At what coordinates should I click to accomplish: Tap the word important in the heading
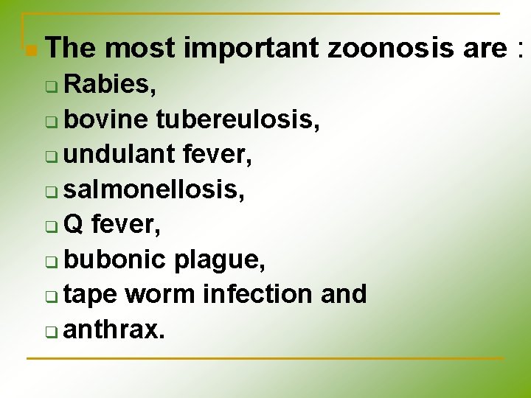251,49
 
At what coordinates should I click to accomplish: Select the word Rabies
109,86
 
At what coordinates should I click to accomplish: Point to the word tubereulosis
237,121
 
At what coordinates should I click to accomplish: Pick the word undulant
117,156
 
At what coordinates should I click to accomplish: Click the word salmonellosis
153,190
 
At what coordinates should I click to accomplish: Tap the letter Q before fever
74,225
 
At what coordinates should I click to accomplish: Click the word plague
219,259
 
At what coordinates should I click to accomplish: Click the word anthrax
114,329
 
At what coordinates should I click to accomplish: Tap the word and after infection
344,294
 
